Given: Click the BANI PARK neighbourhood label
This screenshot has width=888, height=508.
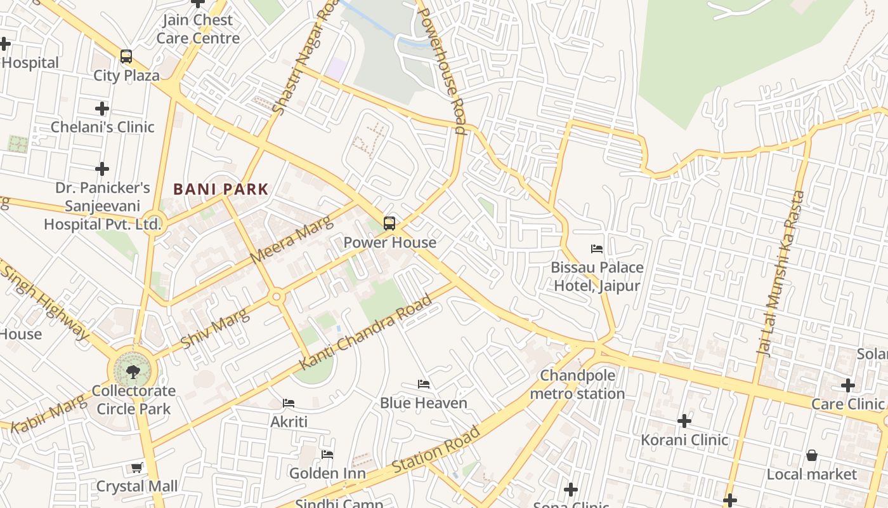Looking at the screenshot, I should pos(221,189).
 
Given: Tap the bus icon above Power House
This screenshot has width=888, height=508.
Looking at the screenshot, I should pos(389,224).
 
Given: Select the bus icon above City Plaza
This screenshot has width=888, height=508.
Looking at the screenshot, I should pos(126,57).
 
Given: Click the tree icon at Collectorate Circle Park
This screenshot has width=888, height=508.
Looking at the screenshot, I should pos(133,371).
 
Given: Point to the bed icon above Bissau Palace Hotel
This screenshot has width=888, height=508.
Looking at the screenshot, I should pos(597,248).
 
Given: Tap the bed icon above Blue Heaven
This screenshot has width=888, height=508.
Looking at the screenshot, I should pos(424,384).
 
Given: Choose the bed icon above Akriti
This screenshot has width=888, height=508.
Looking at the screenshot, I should pos(289,403).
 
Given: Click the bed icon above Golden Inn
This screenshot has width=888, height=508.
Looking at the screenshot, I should pos(327,454).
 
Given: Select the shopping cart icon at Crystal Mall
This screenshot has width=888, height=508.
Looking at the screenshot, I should pos(136,468).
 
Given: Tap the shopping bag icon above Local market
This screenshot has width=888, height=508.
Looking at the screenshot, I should pos(811,455).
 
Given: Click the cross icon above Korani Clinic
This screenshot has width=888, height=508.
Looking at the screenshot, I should pos(684,420).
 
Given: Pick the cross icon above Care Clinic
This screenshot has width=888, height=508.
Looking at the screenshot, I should pos(848,385).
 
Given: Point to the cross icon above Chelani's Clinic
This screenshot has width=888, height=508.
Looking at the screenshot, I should pos(101,108).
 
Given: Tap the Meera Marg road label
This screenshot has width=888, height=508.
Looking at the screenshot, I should pos(291,240).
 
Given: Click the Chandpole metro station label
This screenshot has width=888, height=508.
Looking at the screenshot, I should pos(577,385).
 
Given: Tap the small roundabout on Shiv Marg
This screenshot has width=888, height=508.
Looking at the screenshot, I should pos(276,297).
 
